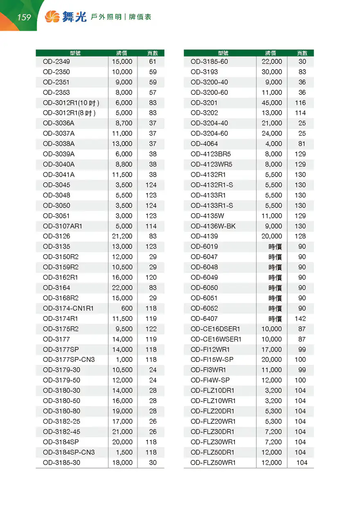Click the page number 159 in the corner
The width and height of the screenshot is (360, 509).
pos(24,18)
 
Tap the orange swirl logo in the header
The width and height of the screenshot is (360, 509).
pos(52,17)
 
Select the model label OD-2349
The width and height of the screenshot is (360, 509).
pos(56,62)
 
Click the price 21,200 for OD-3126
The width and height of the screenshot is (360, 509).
pos(122,236)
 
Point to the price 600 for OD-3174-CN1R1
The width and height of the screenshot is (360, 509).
pos(127,308)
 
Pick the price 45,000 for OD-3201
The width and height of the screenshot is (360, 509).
pos(272,103)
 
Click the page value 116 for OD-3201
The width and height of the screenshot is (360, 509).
pos(300,103)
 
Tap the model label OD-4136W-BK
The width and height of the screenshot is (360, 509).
pos(213,226)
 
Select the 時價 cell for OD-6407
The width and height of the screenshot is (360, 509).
pos(275,319)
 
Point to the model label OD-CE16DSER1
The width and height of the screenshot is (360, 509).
pos(215,329)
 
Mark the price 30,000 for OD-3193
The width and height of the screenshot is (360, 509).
pos(272,72)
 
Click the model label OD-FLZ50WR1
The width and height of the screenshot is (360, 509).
pos(213,463)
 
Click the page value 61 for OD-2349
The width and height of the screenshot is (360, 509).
pos(153,62)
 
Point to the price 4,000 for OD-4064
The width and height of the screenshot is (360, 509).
pos(274,144)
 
